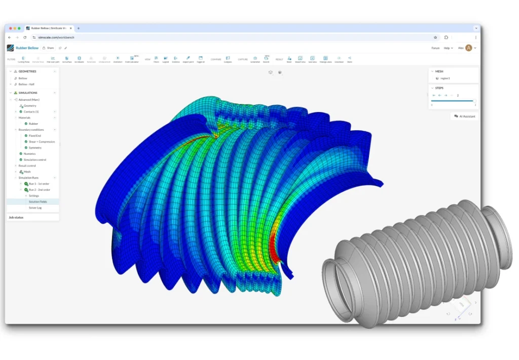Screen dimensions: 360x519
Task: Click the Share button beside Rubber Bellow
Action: coord(48,48)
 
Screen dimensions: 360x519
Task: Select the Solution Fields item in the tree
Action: coord(38,201)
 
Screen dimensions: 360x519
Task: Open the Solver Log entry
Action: coord(35,207)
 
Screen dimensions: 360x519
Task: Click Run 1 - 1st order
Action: coord(39,184)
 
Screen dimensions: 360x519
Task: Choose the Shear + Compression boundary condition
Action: coord(42,141)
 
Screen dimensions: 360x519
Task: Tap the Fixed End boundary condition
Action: coord(35,135)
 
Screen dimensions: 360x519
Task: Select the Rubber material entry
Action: coord(33,124)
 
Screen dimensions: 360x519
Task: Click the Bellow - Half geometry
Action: coord(26,84)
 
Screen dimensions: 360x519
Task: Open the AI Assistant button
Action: coord(465,116)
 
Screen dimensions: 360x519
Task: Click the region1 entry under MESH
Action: coord(444,78)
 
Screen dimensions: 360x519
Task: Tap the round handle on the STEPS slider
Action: coord(474,101)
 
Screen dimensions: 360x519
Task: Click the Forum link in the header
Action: coord(435,48)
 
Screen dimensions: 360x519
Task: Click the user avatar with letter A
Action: coord(468,48)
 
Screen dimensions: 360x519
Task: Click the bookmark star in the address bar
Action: coord(435,37)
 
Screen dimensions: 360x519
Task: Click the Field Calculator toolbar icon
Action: coord(132,59)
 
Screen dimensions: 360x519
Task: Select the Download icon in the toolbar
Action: coord(339,59)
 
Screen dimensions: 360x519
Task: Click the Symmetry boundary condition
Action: coord(35,148)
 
